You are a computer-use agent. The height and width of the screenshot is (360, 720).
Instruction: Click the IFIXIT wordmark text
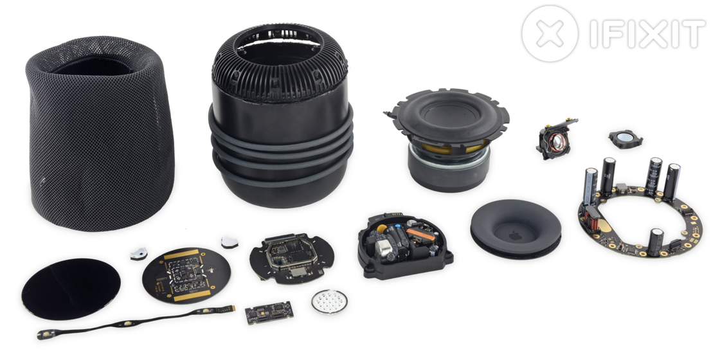pyautogui.click(x=647, y=33)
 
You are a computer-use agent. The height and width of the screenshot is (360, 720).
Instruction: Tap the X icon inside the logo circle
pyautogui.click(x=550, y=33)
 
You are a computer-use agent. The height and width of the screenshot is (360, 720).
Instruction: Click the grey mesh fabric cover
pyautogui.click(x=100, y=133)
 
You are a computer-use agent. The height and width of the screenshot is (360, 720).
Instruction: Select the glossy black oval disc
pyautogui.click(x=71, y=289)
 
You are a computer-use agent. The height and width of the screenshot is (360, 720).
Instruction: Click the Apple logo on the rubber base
pyautogui.click(x=515, y=236)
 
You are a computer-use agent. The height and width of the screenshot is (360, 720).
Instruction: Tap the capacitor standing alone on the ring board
pyautogui.click(x=655, y=242)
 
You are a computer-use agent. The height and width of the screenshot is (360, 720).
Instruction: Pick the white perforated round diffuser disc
pyautogui.click(x=329, y=301)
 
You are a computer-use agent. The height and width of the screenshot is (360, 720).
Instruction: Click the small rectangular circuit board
pyautogui.click(x=269, y=312)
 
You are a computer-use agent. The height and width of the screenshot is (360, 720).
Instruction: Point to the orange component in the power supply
pyautogui.click(x=420, y=234)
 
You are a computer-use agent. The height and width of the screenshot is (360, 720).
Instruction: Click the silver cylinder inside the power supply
pyautogui.click(x=383, y=248)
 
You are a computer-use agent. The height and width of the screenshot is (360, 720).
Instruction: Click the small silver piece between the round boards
pyautogui.click(x=230, y=242)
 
